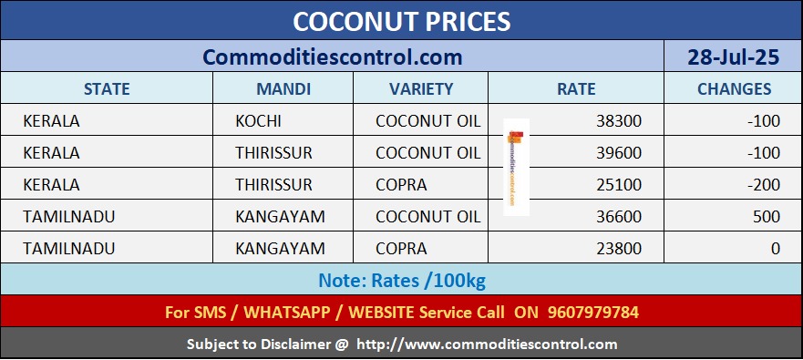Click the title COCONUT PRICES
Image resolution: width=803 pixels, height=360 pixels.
(401, 22)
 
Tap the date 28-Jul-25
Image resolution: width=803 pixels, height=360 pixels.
(733, 57)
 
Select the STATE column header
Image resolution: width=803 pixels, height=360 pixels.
(107, 89)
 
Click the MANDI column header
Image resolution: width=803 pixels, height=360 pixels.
(283, 89)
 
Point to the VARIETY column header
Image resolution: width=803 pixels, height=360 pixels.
(421, 89)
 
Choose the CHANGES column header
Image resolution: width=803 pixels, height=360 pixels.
(734, 89)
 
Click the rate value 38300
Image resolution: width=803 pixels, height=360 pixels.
(619, 121)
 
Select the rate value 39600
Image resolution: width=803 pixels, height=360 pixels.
(619, 153)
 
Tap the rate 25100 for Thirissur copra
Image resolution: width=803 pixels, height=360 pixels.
(619, 185)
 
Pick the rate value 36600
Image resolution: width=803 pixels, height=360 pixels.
(619, 217)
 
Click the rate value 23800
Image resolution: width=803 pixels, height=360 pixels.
(619, 249)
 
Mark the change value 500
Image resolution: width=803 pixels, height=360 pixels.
(767, 217)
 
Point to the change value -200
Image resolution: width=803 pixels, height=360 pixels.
(764, 185)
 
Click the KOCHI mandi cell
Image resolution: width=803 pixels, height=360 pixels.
(258, 121)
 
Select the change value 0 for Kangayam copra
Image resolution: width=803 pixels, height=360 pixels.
(776, 249)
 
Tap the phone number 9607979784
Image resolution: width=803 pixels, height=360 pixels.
(593, 312)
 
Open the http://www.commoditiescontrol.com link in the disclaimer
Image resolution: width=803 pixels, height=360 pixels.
(487, 345)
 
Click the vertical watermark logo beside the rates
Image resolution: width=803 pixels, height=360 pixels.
(516, 167)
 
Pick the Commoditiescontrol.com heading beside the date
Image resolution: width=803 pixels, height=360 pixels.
(332, 57)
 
